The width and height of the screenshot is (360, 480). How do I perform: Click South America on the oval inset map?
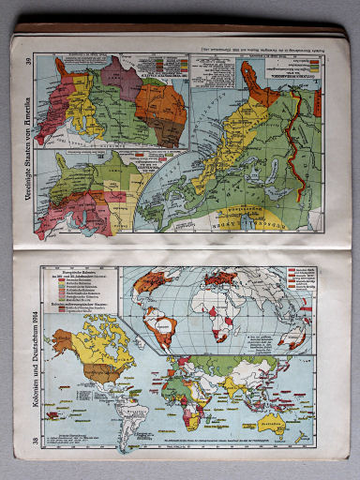pyautogui.click(x=164, y=327)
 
